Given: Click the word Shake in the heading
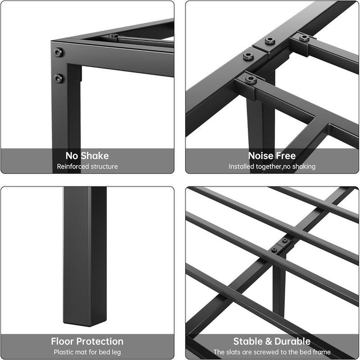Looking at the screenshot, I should (x=95, y=156).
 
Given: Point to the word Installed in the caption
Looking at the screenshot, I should (x=244, y=167).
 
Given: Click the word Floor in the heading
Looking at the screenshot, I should (x=65, y=341).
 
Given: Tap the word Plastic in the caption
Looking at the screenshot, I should (x=64, y=352).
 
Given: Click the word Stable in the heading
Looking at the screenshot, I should (x=247, y=341).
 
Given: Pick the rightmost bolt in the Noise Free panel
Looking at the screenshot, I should (x=305, y=38).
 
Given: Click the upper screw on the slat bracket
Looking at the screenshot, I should (x=285, y=241).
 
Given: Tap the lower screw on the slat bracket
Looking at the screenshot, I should (x=274, y=250).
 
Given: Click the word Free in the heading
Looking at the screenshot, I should (x=286, y=156).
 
